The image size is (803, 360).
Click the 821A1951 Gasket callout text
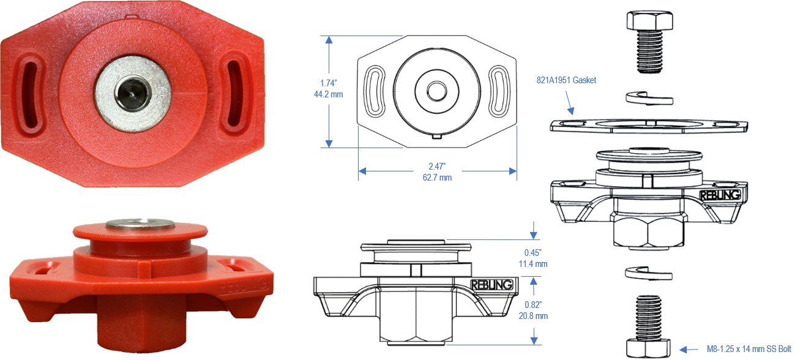(x=566, y=80)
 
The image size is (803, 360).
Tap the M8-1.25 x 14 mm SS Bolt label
(x=749, y=349)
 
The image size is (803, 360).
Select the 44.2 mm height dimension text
(x=329, y=94)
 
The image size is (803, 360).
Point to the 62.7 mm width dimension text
(x=437, y=178)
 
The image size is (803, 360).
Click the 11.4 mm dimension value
(x=532, y=264)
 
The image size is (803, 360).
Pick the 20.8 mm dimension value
(x=533, y=316)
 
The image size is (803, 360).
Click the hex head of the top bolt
(x=649, y=20)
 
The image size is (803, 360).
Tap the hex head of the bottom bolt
(x=649, y=348)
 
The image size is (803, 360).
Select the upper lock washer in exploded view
(x=649, y=98)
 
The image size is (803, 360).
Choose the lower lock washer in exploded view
(x=649, y=273)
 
